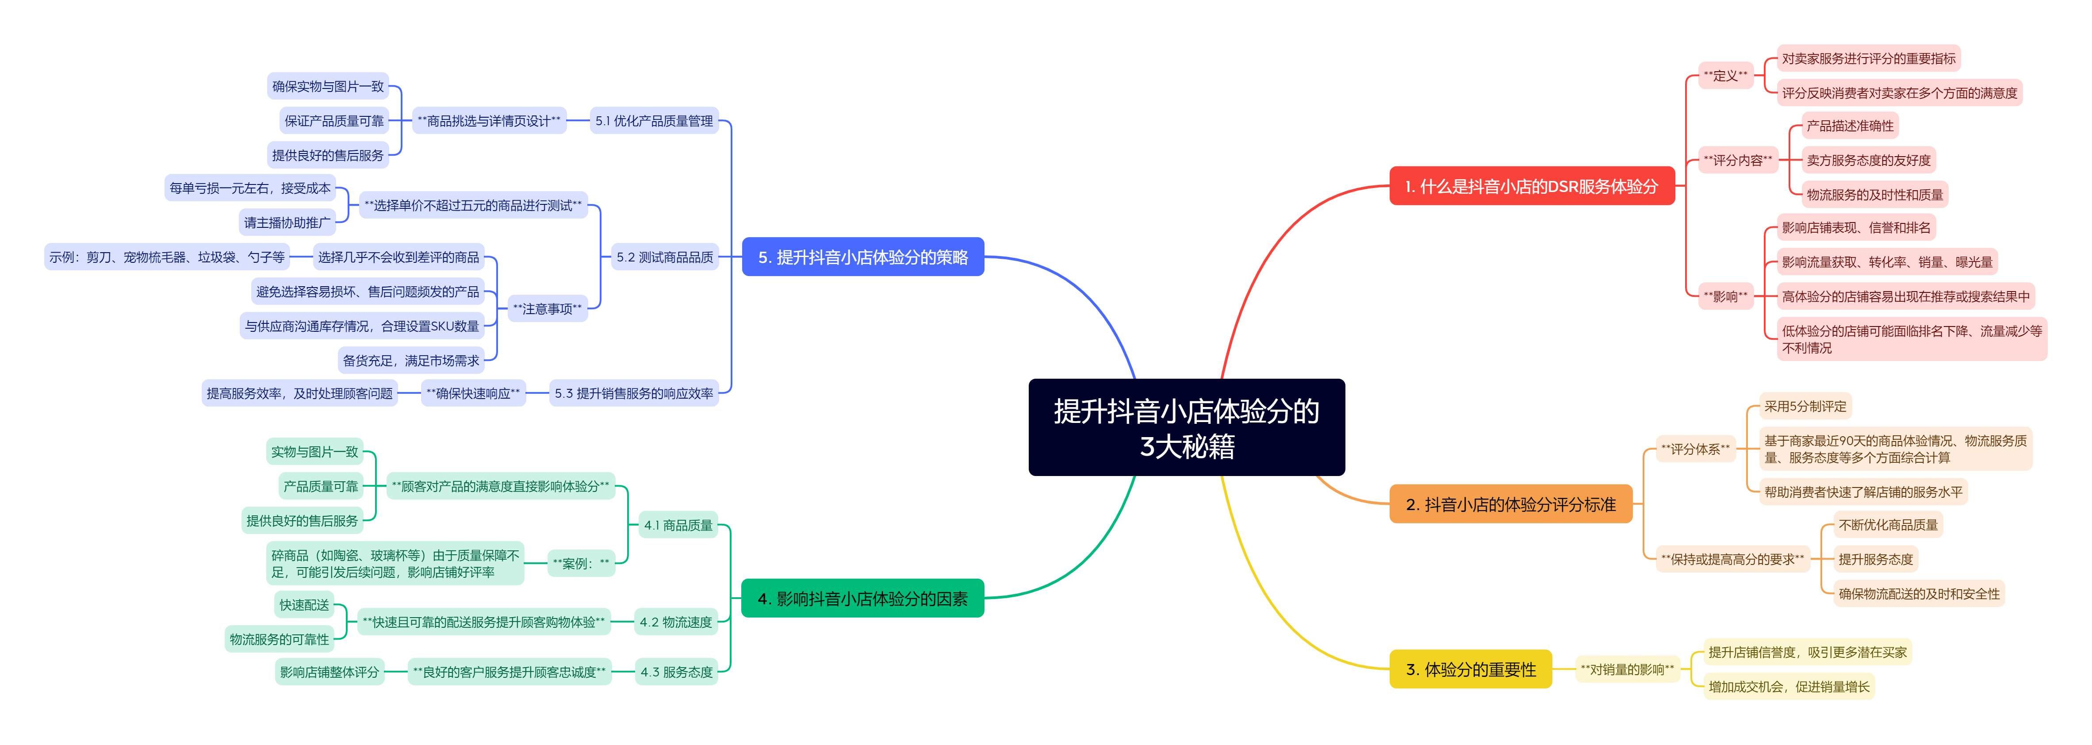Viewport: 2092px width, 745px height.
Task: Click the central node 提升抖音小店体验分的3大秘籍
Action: tap(1187, 427)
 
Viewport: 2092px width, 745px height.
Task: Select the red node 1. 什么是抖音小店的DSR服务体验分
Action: tap(1532, 186)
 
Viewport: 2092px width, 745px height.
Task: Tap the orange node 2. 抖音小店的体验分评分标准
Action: tap(1510, 504)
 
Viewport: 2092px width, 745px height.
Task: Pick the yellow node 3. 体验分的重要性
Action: tap(1471, 669)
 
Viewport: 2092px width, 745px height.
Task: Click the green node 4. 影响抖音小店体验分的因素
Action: tap(862, 599)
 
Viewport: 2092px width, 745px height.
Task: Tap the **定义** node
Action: tap(1726, 76)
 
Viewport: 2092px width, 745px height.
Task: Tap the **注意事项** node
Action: tap(548, 309)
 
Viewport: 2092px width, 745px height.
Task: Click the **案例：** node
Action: tap(581, 563)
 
